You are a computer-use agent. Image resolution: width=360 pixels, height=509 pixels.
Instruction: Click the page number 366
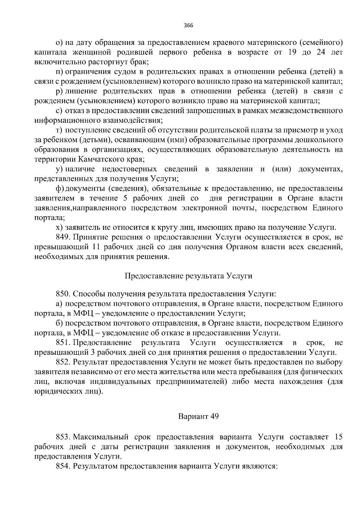(x=188, y=25)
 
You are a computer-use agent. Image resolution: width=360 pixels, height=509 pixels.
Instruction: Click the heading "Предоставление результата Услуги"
(x=188, y=276)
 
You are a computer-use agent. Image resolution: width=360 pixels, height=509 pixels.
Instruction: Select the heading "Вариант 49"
(x=198, y=417)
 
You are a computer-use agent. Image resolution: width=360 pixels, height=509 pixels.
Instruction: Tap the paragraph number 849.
(x=63, y=237)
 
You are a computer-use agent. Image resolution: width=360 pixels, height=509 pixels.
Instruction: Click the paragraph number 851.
(x=63, y=343)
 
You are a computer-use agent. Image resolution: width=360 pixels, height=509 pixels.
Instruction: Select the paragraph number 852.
(x=63, y=362)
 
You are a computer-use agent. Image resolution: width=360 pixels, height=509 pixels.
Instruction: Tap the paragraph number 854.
(x=63, y=466)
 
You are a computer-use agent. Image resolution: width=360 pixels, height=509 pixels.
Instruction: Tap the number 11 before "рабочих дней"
(x=94, y=247)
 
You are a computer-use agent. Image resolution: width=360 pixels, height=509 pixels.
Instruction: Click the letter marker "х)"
(x=59, y=227)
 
